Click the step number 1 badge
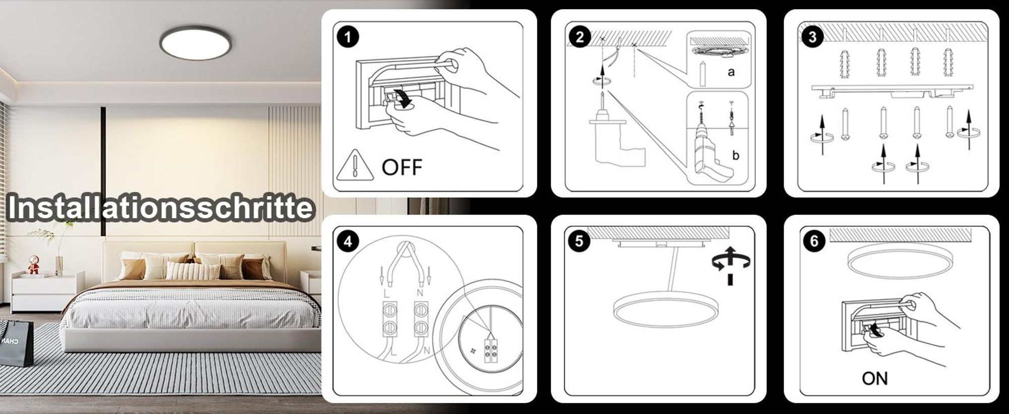point(348,36)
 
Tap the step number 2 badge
point(580,36)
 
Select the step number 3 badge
point(812,36)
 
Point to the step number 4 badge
point(348,241)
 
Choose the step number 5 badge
point(579,241)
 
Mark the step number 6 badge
point(814,241)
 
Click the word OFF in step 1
point(402,167)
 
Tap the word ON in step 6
point(875,378)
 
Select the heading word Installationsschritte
point(161,208)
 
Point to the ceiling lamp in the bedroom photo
point(196,42)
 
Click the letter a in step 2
point(731,72)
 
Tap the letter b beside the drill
point(736,155)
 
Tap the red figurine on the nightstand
point(33,265)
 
